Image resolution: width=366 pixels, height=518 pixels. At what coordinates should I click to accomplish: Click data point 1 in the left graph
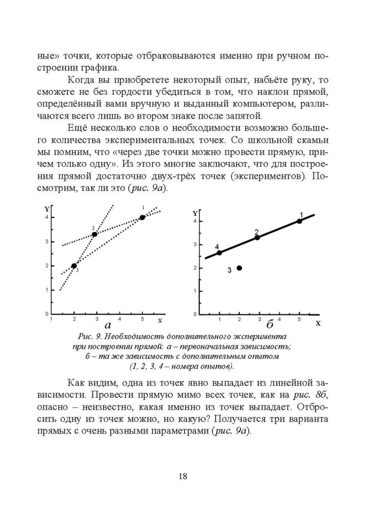coord(142,217)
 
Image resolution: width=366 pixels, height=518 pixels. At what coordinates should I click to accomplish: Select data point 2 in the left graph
coord(94,234)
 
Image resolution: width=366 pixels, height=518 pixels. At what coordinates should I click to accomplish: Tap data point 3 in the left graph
coord(74,266)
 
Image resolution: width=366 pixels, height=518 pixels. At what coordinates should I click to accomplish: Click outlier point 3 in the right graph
coord(239,268)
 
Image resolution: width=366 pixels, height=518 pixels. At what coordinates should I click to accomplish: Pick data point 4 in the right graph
coord(219,253)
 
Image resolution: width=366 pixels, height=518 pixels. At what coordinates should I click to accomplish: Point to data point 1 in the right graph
coord(299,221)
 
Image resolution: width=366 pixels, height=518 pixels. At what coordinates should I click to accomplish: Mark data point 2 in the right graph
coord(257,237)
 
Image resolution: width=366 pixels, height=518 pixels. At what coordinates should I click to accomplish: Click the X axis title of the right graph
coord(318,323)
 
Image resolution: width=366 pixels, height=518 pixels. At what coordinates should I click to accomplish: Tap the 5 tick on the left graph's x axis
coord(142,319)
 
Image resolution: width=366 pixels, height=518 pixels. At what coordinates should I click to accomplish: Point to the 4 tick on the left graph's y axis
coord(47,217)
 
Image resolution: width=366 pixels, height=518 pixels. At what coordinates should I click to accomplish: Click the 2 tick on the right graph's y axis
coord(195,268)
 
